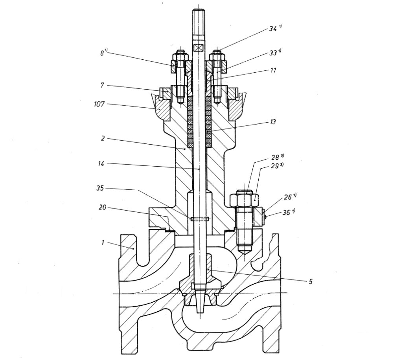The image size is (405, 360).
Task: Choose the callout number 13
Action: pos(272,122)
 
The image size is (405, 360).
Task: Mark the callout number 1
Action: pos(103,243)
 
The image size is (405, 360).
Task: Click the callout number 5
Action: pos(311,281)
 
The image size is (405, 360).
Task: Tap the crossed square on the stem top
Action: pos(198,47)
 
